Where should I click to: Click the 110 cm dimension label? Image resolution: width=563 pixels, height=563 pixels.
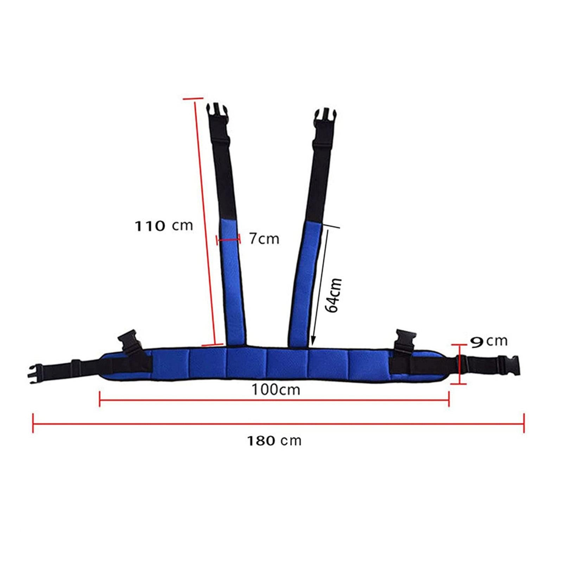[x=164, y=226]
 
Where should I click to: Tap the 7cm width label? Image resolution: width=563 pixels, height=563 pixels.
[x=264, y=239]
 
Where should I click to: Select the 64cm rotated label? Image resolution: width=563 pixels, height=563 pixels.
[x=334, y=295]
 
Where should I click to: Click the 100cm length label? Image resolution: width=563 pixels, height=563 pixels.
[x=276, y=390]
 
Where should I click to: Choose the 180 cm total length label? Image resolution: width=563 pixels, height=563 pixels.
[x=274, y=441]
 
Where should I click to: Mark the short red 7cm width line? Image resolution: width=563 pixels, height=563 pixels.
[x=228, y=240]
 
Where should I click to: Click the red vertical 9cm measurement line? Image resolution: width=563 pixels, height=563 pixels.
[x=460, y=364]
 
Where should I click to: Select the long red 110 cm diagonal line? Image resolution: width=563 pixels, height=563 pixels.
[x=204, y=222]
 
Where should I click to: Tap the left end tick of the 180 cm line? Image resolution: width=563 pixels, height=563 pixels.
[x=33, y=423]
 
